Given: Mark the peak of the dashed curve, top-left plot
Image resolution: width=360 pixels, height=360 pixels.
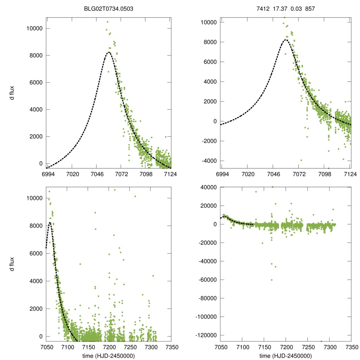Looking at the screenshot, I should (109, 52).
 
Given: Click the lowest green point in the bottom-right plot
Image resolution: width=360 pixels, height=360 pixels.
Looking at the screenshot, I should (321, 341).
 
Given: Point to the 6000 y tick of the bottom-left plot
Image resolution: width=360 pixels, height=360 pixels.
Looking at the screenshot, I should (35, 253).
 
